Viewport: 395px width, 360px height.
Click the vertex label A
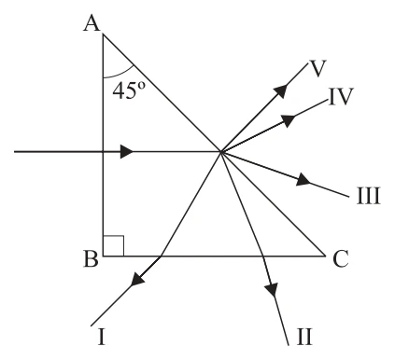pos(92,24)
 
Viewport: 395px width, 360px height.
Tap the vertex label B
pos(92,258)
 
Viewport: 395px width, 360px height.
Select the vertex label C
pos(340,259)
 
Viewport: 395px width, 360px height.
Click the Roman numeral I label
pos(102,337)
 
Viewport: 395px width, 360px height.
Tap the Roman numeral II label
pos(304,337)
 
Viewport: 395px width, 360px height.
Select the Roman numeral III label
pos(368,196)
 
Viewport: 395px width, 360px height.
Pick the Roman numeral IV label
pos(341,96)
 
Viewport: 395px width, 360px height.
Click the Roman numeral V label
pos(317,68)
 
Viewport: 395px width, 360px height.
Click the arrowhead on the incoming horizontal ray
pos(127,152)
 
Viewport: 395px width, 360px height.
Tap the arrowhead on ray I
pos(137,278)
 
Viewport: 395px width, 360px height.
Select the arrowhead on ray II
pos(272,289)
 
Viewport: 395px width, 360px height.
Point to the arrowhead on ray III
pos(303,180)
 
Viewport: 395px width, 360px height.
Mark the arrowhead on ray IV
pos(289,120)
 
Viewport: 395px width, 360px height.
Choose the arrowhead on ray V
pos(280,91)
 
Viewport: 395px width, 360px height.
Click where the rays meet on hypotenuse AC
pos(220,152)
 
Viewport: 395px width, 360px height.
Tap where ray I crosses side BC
pos(161,256)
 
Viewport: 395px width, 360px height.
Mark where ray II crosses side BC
pos(263,256)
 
